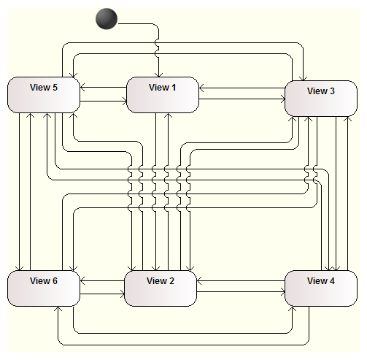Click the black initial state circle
point(107,19)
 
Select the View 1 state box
point(163,95)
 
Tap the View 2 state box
point(161,288)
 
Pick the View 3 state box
point(321,99)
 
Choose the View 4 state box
point(321,288)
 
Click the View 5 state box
point(44,95)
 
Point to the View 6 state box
point(44,288)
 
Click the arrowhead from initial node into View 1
point(159,75)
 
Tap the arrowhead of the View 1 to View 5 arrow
point(82,87)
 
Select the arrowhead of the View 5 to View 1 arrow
point(125,101)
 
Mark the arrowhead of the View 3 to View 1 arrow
point(201,88)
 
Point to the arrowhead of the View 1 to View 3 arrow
point(282,99)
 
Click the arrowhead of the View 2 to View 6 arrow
point(82,280)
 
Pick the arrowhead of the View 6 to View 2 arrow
point(122,294)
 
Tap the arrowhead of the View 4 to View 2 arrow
point(199,280)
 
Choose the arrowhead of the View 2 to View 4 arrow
point(282,291)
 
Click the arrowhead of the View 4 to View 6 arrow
point(58,309)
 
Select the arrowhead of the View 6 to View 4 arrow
point(292,309)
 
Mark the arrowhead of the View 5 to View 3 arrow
point(303,79)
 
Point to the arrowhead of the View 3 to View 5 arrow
point(73,75)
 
